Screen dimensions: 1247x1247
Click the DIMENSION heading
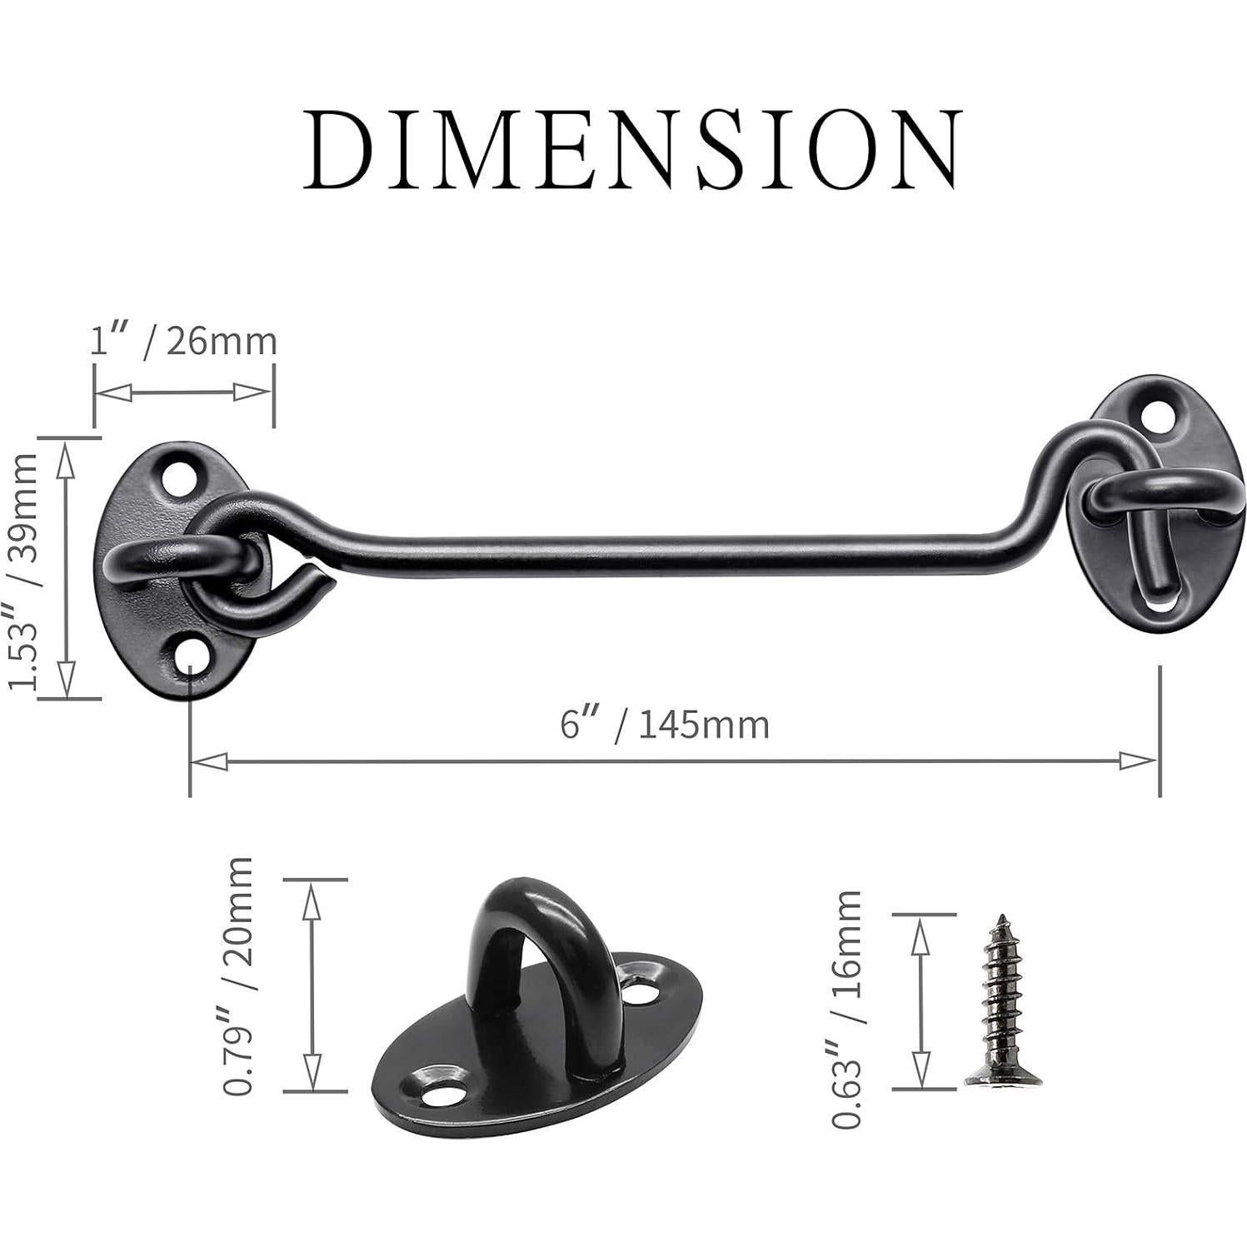coord(631,148)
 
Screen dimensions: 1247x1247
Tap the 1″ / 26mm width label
coord(182,341)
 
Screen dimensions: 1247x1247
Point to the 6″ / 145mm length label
coord(664,723)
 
